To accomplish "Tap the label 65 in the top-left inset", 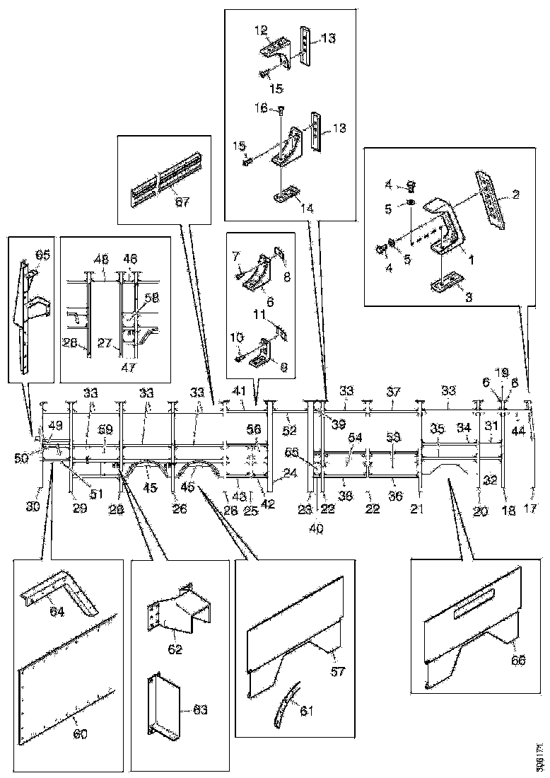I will click(x=43, y=255).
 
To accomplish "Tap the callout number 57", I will click(x=337, y=671).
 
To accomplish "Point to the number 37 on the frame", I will click(x=394, y=390).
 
